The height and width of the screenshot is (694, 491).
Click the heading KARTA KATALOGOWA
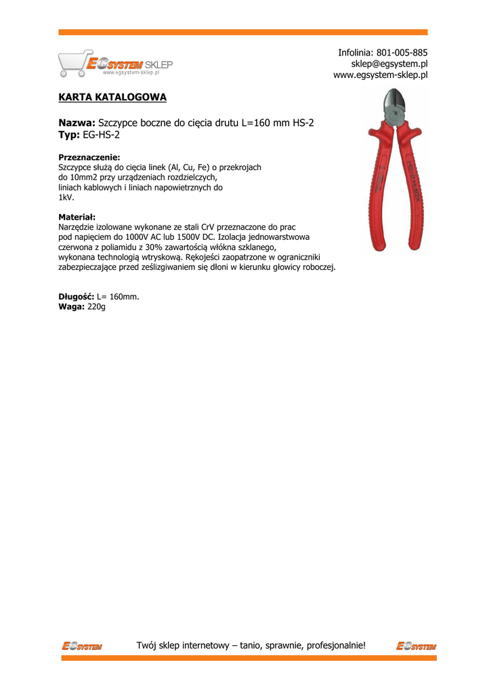(x=112, y=98)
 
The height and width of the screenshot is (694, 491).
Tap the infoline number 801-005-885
(x=402, y=52)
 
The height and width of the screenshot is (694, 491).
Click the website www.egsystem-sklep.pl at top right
(x=381, y=75)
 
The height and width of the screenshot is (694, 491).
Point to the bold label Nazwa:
(x=77, y=123)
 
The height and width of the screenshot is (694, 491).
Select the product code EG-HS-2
(x=102, y=135)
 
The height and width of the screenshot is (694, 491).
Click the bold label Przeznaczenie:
(x=89, y=157)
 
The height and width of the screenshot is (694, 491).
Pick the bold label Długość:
(x=77, y=297)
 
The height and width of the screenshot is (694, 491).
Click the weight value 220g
(x=97, y=307)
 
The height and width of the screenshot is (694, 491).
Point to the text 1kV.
(x=66, y=197)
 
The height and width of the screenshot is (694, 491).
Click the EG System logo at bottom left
(x=81, y=646)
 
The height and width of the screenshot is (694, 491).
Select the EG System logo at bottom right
(x=416, y=646)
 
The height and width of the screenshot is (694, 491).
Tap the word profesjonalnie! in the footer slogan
(x=336, y=645)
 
